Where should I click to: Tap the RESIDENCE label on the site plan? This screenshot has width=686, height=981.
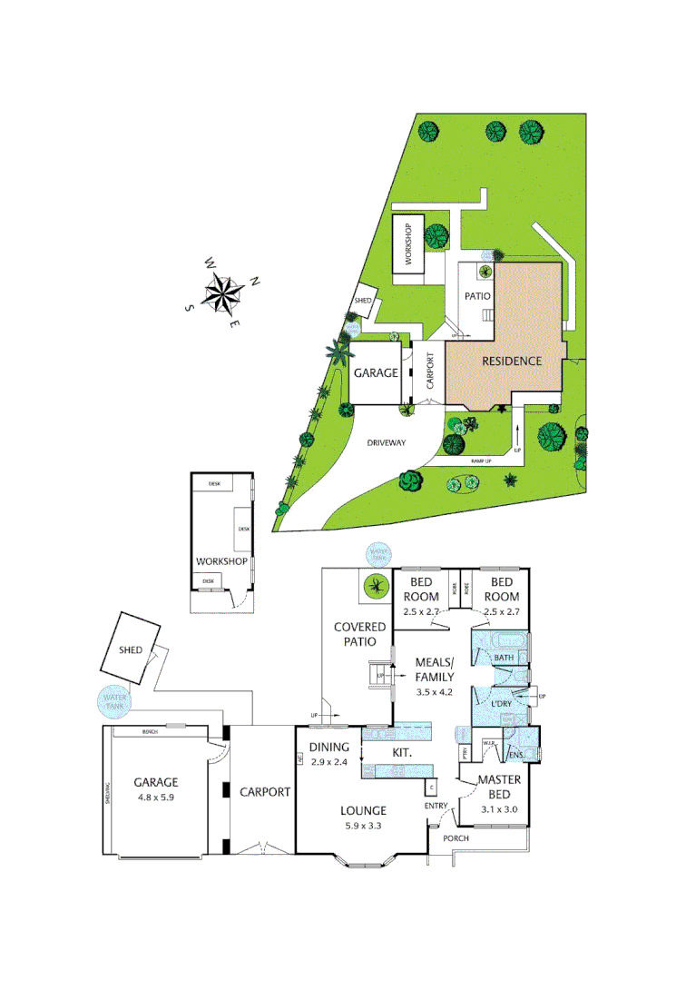point(511,361)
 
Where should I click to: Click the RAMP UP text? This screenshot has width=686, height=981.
point(481,461)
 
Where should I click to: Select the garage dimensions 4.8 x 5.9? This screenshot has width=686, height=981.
point(155,797)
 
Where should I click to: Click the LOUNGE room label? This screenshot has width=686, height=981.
point(363,810)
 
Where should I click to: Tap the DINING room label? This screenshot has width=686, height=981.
point(328,747)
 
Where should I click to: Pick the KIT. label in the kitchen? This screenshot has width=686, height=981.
point(402,754)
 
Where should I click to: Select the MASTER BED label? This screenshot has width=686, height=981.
point(497,786)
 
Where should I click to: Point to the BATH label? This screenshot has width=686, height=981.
point(505,658)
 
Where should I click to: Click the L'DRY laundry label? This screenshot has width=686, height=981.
point(502,705)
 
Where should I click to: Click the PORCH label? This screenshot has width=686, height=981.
point(456,838)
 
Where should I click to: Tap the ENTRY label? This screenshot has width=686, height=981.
point(436,806)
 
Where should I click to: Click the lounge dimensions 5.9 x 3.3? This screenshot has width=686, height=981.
point(363,826)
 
